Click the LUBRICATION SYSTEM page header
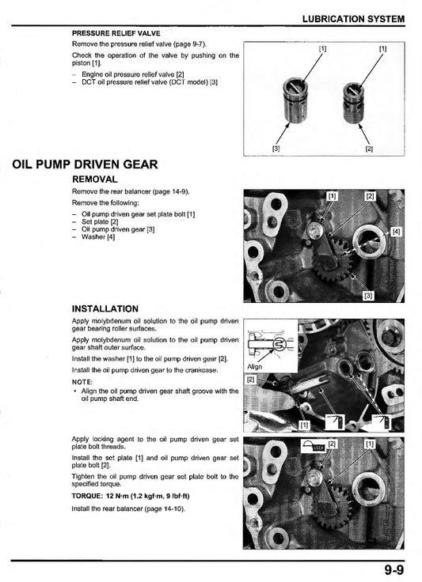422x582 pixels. pyautogui.click(x=353, y=19)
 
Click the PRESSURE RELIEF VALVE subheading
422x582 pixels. pyautogui.click(x=116, y=33)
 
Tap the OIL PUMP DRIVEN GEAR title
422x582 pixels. pyautogui.click(x=85, y=164)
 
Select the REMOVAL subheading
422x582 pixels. pyautogui.click(x=95, y=180)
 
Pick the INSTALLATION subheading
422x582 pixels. pyautogui.click(x=105, y=309)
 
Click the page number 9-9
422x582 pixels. pyautogui.click(x=393, y=569)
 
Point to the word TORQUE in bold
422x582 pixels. pyautogui.click(x=86, y=496)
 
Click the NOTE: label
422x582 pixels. pyautogui.click(x=82, y=382)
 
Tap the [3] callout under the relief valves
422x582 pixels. pyautogui.click(x=276, y=149)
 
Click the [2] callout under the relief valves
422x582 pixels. pyautogui.click(x=368, y=149)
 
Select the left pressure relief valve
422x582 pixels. pyautogui.click(x=295, y=100)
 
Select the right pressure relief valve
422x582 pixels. pyautogui.click(x=353, y=103)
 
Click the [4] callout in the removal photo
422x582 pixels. pyautogui.click(x=397, y=232)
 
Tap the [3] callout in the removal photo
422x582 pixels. pyautogui.click(x=368, y=296)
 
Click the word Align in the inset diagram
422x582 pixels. pyautogui.click(x=255, y=367)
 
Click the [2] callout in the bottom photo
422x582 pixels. pyautogui.click(x=332, y=444)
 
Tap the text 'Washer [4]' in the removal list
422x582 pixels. pyautogui.click(x=98, y=236)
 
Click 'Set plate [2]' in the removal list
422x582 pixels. pyautogui.click(x=100, y=221)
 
